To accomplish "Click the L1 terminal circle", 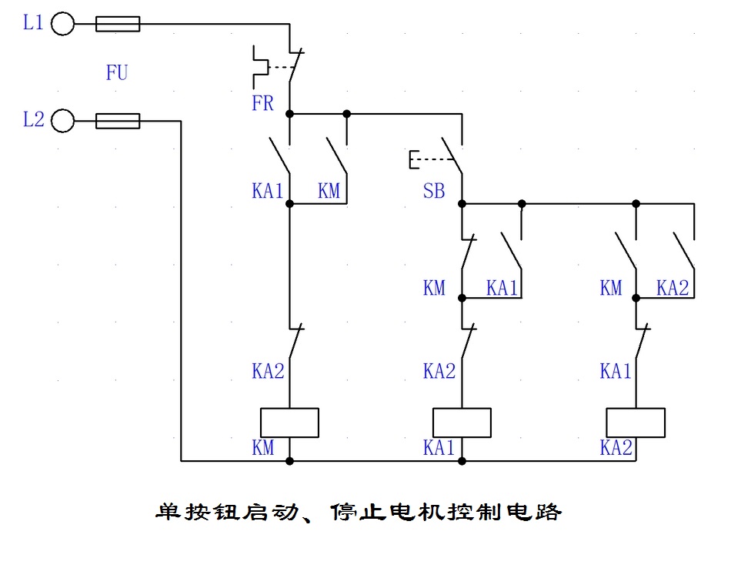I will tap(62, 25).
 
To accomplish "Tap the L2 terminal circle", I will tap(62, 121).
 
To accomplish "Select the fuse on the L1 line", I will tap(118, 25).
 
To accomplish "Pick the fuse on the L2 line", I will tap(118, 121).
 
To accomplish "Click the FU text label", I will tap(117, 74).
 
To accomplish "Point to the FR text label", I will tap(262, 103).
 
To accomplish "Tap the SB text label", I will tap(434, 191).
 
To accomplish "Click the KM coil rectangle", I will tap(289, 423).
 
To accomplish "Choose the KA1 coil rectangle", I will tap(462, 423).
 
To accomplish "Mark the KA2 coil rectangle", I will tap(636, 423).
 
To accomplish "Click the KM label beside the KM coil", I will tap(263, 448).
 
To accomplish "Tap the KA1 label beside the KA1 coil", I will tap(439, 448).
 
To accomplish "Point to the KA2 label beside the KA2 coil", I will tap(616, 448).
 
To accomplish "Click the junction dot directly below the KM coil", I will tap(289, 461).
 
